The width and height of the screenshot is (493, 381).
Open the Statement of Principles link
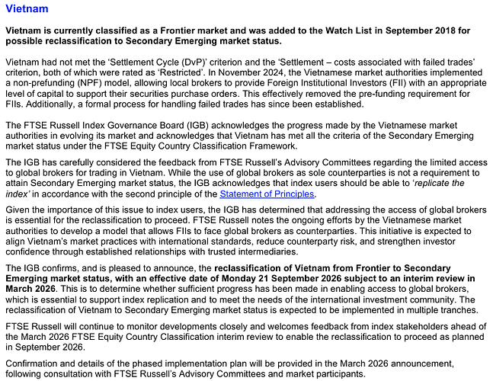click(x=267, y=194)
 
